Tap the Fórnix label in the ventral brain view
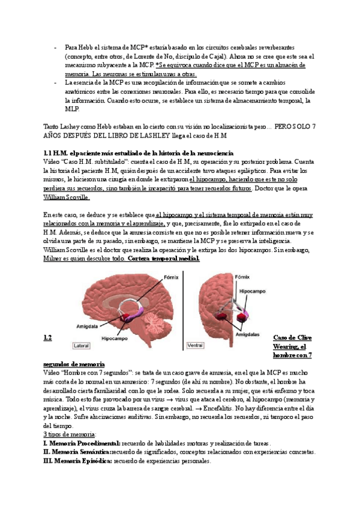tap(242, 277)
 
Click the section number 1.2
tap(48, 338)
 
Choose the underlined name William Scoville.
tap(67, 197)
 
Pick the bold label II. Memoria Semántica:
tap(79, 452)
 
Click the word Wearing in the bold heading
tap(286, 346)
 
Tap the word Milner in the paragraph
tap(54, 258)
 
